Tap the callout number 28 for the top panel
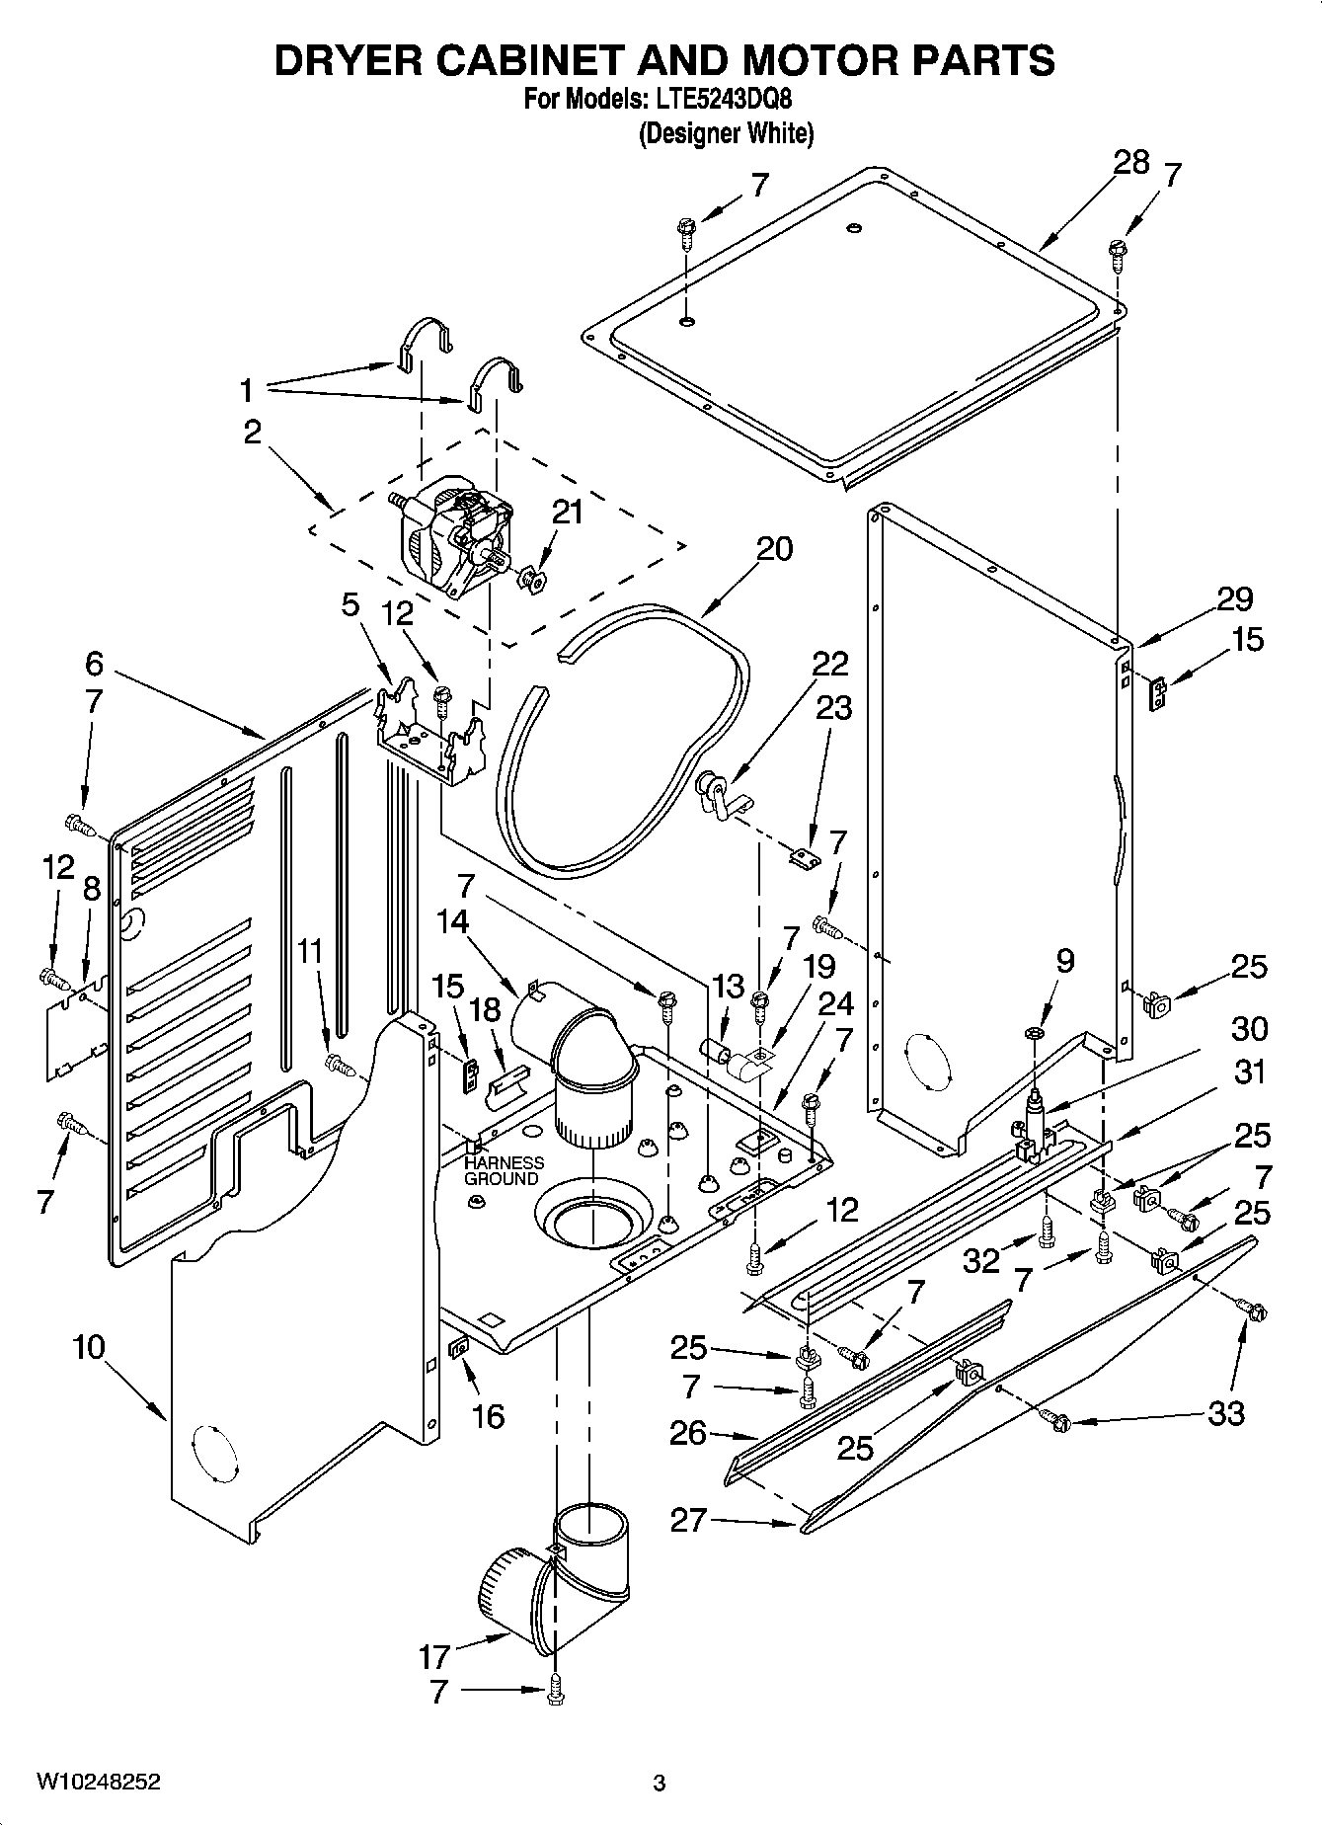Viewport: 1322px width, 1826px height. pos(1131,162)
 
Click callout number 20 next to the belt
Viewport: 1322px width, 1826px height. pos(773,548)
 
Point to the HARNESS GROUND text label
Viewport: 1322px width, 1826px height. pos(504,1170)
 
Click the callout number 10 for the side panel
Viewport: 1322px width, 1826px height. pos(89,1347)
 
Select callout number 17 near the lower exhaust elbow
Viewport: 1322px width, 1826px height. pos(433,1655)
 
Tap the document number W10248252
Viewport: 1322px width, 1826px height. pos(99,1782)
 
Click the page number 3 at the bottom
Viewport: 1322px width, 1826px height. pos(660,1783)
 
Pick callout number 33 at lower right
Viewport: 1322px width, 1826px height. pos(1225,1413)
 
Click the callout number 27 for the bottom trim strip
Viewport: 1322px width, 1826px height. pos(688,1519)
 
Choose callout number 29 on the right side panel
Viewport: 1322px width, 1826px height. pos(1234,598)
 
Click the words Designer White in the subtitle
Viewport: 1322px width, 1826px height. pos(726,133)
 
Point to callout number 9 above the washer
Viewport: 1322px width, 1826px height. pos(1063,960)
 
